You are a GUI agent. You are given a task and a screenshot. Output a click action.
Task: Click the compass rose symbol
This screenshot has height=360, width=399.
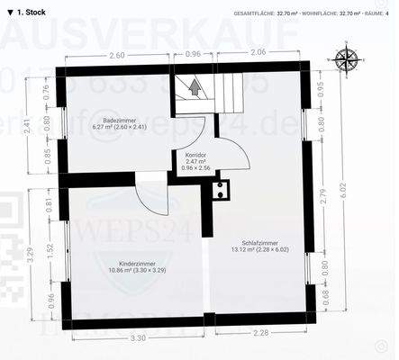click(x=345, y=60)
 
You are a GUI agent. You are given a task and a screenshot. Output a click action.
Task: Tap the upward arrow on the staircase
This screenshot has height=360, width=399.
click(x=194, y=88)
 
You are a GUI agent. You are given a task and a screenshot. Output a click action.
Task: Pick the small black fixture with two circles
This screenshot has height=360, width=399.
click(x=220, y=189)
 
